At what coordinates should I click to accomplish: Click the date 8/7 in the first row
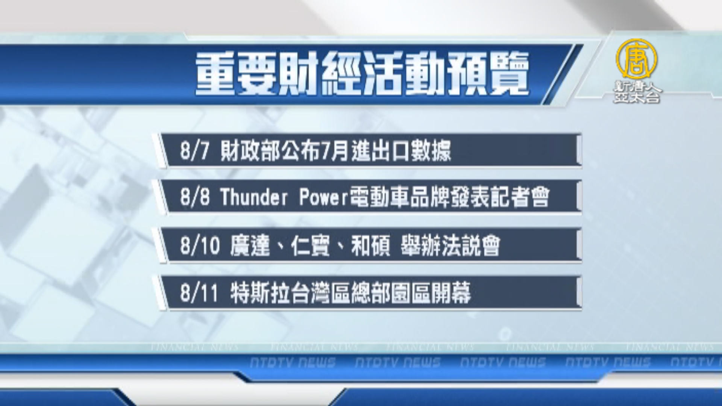[194, 151]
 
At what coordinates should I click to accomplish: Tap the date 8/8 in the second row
[195, 197]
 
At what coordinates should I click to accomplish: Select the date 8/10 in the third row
[200, 246]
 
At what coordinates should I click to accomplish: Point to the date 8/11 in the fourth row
[199, 293]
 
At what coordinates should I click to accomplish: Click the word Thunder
[254, 197]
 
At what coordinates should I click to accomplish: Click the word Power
[324, 197]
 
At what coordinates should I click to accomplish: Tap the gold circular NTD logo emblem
[636, 59]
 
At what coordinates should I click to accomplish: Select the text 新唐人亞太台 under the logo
[637, 92]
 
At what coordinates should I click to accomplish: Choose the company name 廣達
[250, 246]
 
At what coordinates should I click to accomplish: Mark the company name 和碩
[371, 246]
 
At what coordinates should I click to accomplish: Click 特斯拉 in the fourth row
[260, 293]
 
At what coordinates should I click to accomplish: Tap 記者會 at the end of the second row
[520, 197]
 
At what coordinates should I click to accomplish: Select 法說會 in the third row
[470, 246]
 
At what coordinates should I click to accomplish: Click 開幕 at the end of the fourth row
[451, 293]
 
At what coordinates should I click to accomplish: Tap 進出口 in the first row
[381, 151]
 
